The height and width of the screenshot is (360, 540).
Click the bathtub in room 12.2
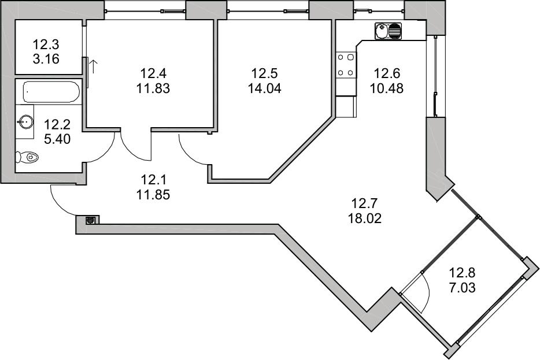(x=51, y=91)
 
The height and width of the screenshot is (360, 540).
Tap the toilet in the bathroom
(x=27, y=157)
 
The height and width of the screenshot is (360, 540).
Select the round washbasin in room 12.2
(x=25, y=121)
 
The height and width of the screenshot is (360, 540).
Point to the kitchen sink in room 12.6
(x=388, y=31)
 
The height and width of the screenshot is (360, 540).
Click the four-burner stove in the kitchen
(x=345, y=65)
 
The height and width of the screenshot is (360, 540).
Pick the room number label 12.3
(x=46, y=44)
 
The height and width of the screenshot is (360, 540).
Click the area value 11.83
(x=153, y=89)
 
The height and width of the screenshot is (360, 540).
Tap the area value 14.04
(x=264, y=89)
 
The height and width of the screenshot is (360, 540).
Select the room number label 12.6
(x=387, y=73)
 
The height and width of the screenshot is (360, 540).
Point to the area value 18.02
(x=365, y=218)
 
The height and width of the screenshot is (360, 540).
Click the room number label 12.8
(x=462, y=273)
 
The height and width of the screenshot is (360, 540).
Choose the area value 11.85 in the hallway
(x=153, y=195)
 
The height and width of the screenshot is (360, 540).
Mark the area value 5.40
(x=57, y=139)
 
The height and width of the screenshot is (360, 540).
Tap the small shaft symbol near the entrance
(x=90, y=220)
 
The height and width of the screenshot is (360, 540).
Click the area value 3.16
(x=46, y=59)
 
